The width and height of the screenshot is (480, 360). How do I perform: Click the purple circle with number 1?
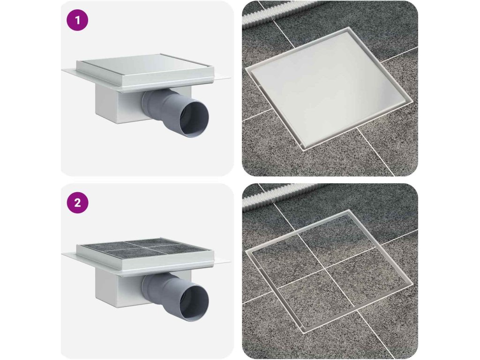[77, 20]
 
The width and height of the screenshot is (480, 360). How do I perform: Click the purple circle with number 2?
[77, 202]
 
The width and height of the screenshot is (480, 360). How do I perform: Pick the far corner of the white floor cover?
[349, 28]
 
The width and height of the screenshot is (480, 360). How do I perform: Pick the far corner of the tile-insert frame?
[349, 210]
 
